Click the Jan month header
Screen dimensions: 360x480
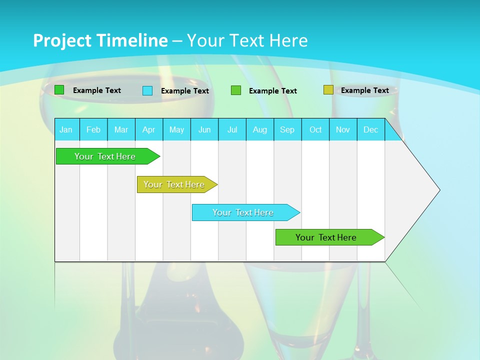click(66, 129)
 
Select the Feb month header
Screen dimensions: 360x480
click(93, 129)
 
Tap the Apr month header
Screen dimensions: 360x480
click(148, 129)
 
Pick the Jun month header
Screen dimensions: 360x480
click(204, 129)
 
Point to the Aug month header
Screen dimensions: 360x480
click(259, 129)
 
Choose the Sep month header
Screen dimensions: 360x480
click(287, 129)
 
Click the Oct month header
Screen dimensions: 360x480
click(315, 129)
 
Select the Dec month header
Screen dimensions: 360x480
click(370, 129)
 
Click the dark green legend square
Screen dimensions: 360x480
click(59, 90)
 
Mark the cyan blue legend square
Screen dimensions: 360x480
click(147, 90)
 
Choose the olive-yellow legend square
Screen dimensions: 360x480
click(328, 90)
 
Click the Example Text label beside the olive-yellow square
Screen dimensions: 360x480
click(364, 90)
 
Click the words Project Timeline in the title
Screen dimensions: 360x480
click(100, 40)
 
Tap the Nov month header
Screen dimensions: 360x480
click(343, 129)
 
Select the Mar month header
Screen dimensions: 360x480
click(121, 129)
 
